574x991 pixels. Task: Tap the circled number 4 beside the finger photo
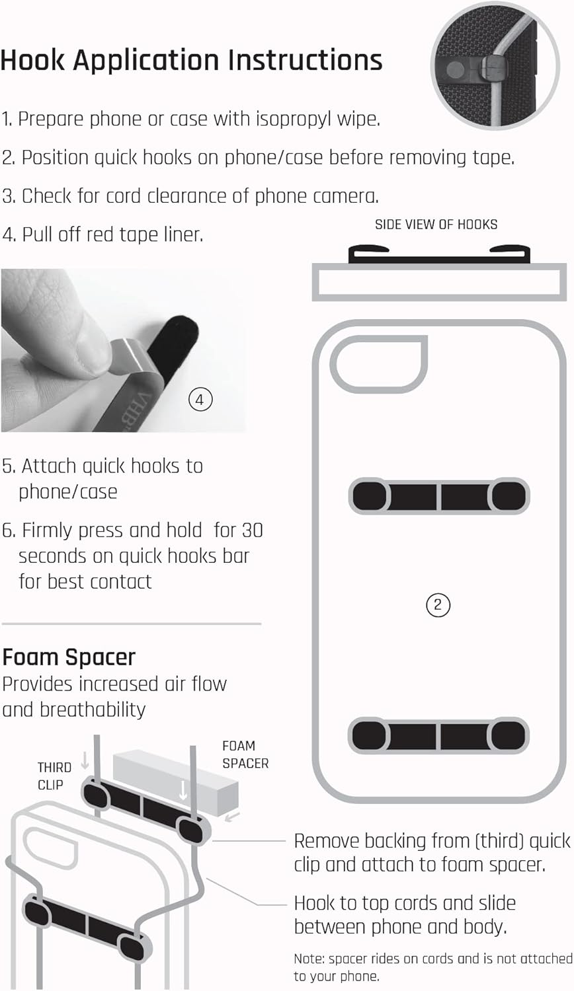click(200, 400)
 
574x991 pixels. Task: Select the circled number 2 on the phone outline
click(438, 605)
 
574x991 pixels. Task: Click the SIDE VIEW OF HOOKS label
click(436, 225)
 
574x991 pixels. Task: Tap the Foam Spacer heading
click(69, 657)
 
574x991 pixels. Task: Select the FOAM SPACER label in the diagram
click(245, 754)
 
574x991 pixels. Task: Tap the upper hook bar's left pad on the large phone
click(370, 495)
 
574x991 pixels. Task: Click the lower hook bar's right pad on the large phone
click(509, 736)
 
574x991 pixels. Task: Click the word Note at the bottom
click(309, 959)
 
